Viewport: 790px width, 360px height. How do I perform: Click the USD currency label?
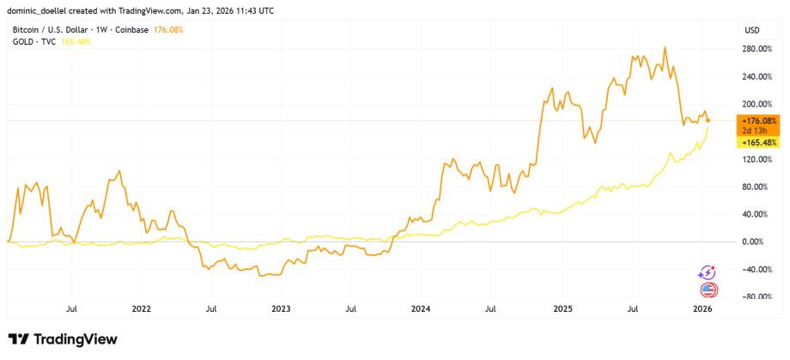(751, 30)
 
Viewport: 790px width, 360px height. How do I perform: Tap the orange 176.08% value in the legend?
(167, 30)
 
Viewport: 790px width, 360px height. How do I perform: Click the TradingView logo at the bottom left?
(62, 339)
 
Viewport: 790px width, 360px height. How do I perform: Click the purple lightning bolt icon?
(708, 272)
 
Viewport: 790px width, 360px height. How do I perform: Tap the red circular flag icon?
(708, 290)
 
